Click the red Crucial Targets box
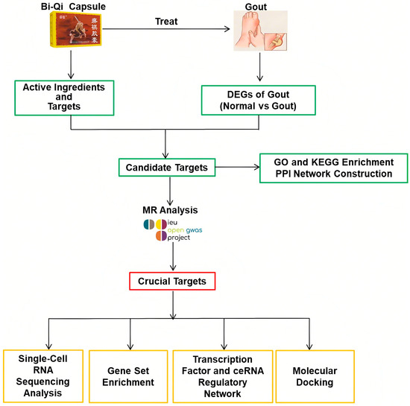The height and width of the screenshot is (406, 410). point(172,280)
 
